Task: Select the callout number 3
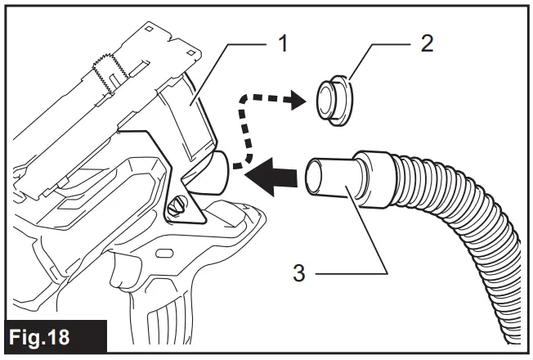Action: (300, 272)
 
